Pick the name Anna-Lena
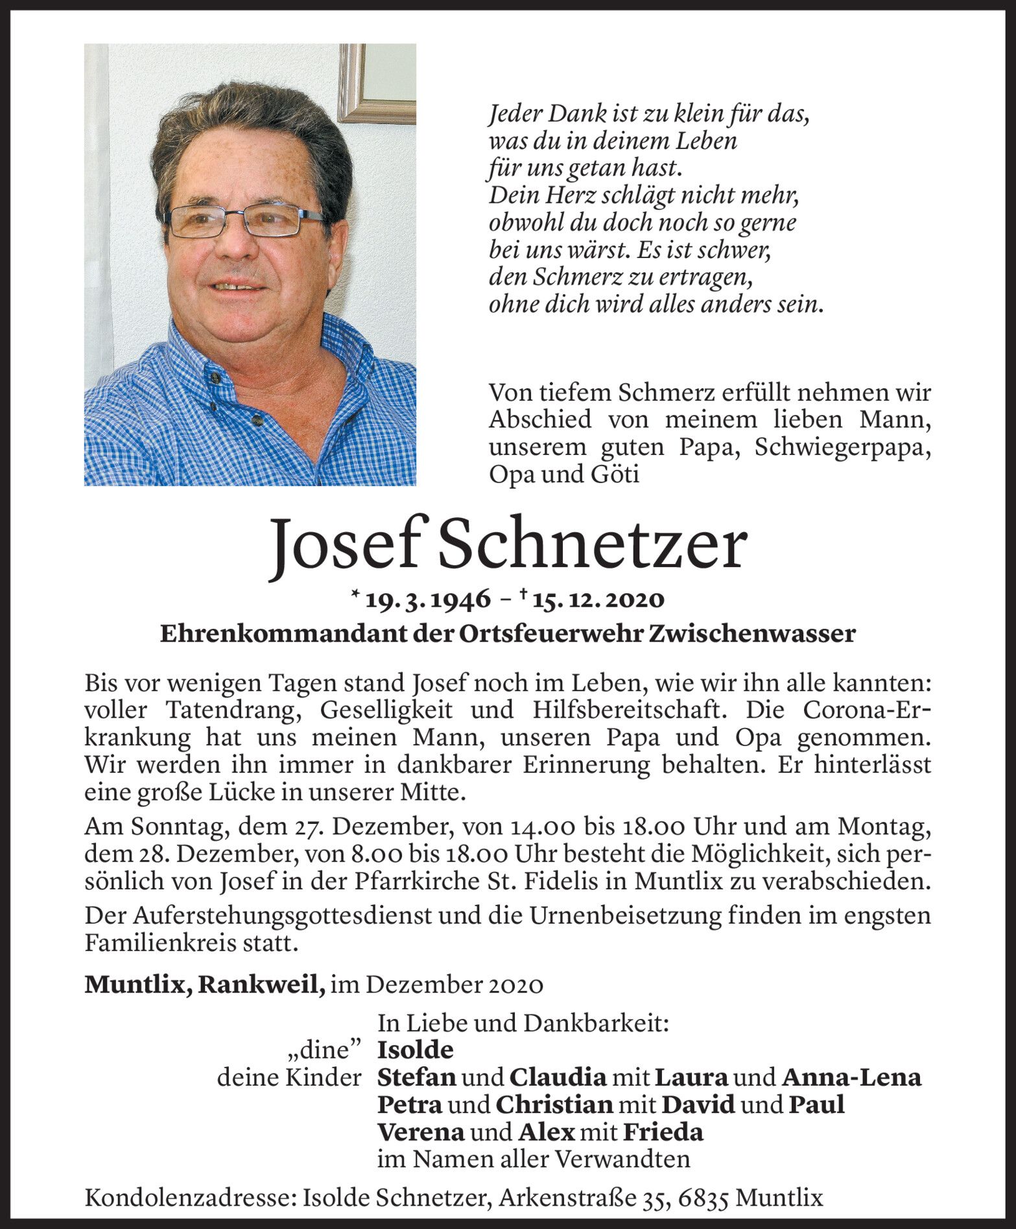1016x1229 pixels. pyautogui.click(x=851, y=1077)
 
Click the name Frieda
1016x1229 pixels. pyautogui.click(x=663, y=1132)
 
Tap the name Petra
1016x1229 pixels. pyautogui.click(x=410, y=1105)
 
